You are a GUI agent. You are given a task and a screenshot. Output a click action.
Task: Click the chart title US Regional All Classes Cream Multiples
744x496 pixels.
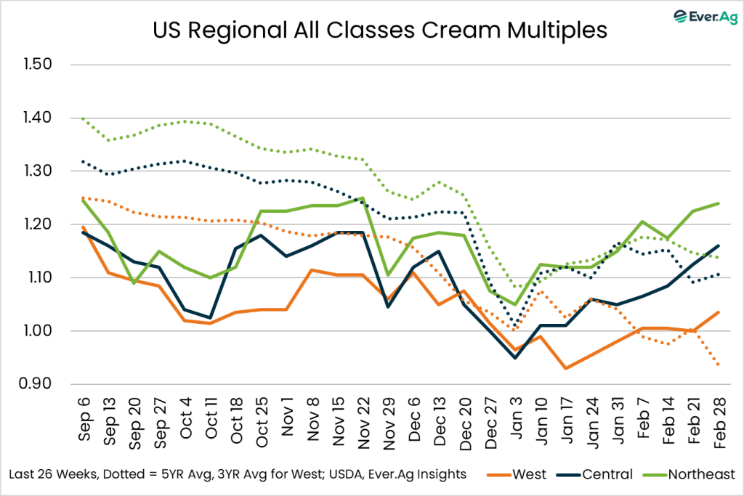point(371,31)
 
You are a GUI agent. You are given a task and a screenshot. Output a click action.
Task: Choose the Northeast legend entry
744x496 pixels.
point(681,474)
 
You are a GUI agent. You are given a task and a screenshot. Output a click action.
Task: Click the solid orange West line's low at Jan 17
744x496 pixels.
point(565,369)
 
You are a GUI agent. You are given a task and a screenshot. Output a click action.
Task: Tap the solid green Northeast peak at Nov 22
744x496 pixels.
point(362,198)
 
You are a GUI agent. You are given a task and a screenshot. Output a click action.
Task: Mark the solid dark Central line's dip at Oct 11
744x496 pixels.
point(209,318)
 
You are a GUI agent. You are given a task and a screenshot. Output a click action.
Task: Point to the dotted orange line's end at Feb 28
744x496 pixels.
point(718,365)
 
